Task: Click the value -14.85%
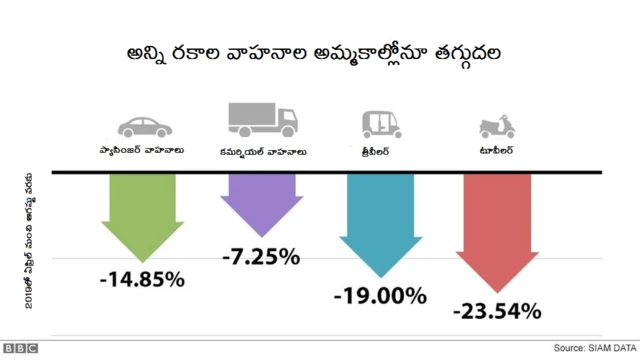click(x=142, y=279)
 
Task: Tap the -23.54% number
click(x=497, y=311)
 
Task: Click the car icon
click(x=143, y=126)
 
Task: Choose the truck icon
click(x=262, y=119)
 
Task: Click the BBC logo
click(x=20, y=349)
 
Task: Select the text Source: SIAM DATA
click(x=590, y=349)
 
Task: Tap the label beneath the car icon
click(x=143, y=152)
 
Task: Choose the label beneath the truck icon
click(x=262, y=152)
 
